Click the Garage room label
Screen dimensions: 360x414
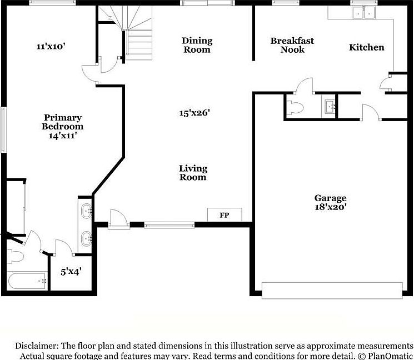point(330,198)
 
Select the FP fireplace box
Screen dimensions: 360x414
point(225,215)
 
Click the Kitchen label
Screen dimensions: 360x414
point(366,47)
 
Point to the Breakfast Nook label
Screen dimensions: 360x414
point(292,45)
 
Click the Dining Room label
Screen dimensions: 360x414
point(197,45)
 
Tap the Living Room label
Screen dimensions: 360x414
point(193,173)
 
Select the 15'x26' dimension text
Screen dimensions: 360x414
point(194,113)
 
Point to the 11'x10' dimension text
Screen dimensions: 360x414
point(51,47)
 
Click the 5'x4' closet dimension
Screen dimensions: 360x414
point(71,272)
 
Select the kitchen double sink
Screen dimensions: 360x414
point(365,12)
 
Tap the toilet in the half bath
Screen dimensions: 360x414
point(295,107)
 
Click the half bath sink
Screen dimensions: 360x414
point(329,106)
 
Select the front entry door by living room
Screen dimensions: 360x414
point(117,219)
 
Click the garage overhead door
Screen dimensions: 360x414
point(332,290)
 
